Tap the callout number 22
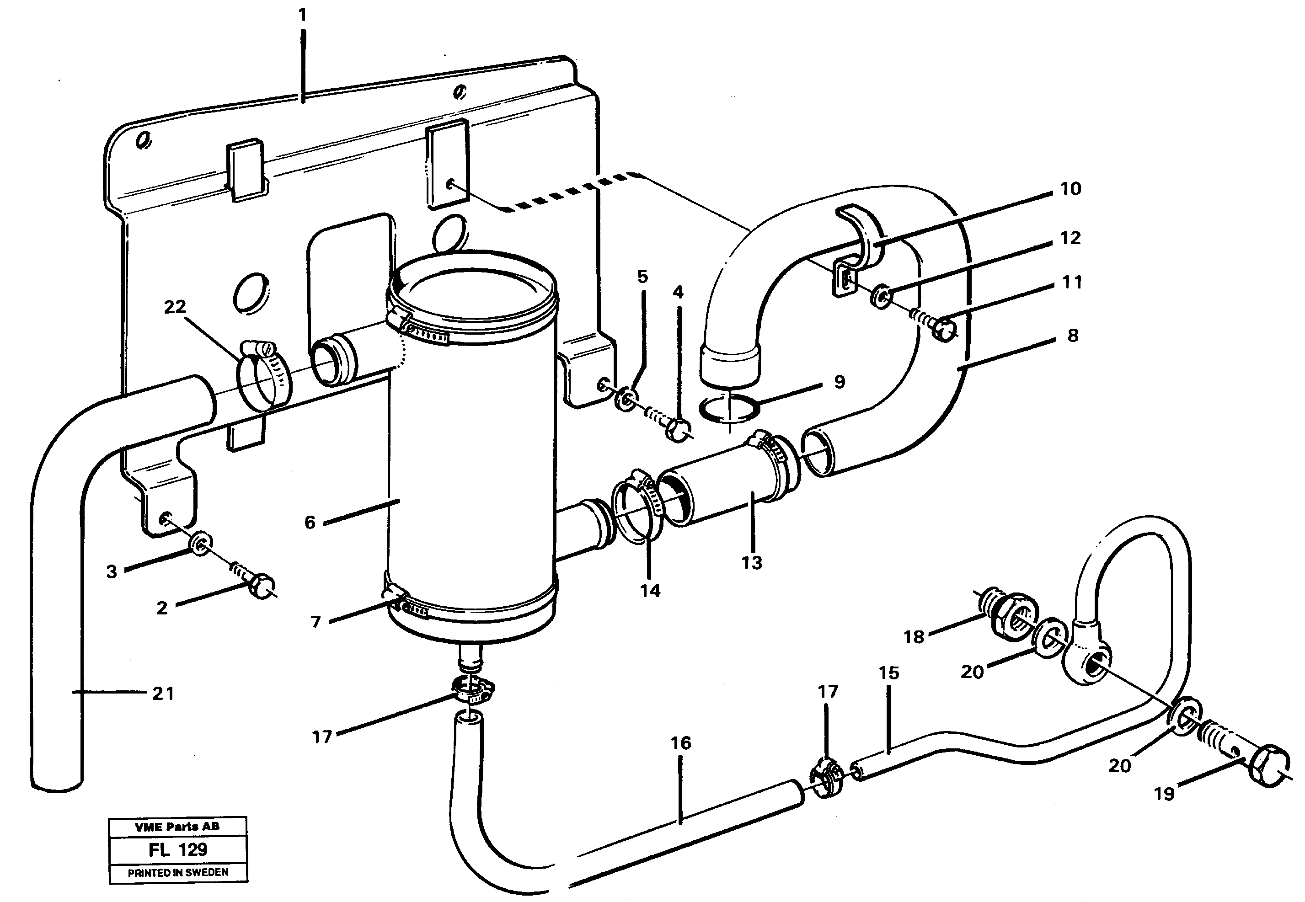175,306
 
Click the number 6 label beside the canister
310,522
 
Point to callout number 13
752,562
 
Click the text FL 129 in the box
177,849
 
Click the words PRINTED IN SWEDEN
177,873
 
